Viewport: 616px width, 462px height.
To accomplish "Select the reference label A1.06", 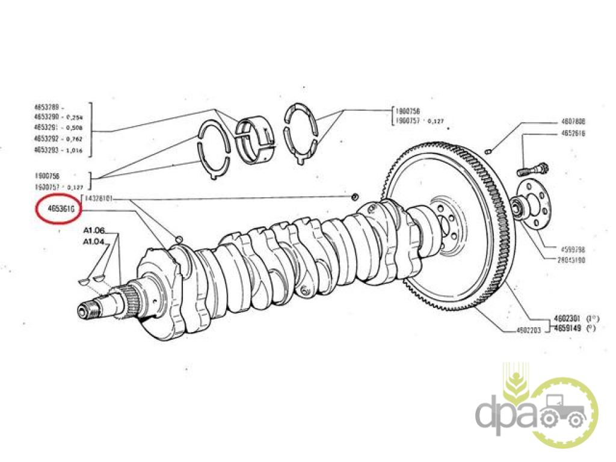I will pos(94,230).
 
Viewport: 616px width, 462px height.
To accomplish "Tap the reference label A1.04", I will pos(94,241).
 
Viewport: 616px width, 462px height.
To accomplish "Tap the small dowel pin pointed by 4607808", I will pos(491,150).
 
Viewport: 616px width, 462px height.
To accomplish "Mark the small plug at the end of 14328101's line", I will pos(356,197).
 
